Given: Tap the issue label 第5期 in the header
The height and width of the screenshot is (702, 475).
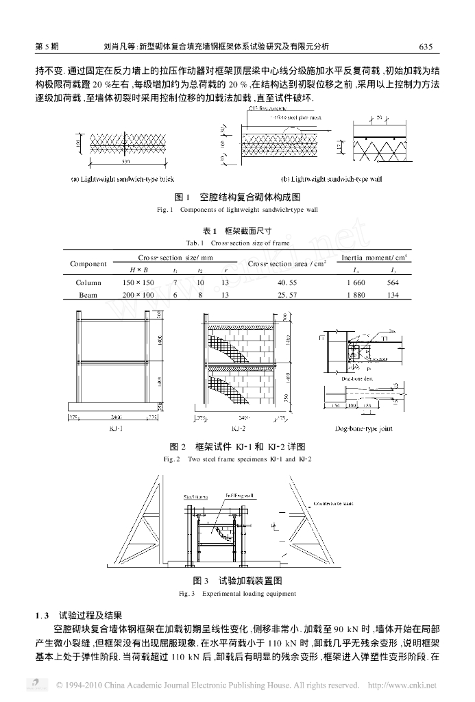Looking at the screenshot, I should (46, 47).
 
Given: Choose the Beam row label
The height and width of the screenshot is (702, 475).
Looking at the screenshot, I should (88, 294).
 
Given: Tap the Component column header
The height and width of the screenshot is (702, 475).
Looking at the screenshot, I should (88, 264).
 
